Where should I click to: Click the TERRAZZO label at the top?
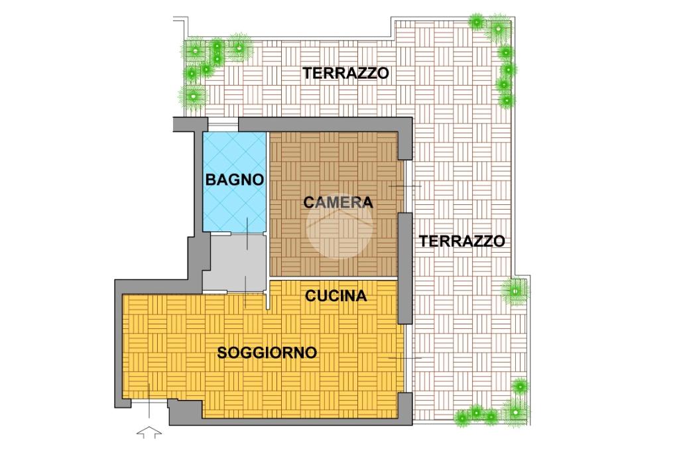[345, 73]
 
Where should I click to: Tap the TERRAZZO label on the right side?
[462, 241]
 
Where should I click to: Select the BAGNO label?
[234, 179]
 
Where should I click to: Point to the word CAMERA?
[338, 202]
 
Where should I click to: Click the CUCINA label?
[336, 296]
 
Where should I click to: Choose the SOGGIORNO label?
[267, 353]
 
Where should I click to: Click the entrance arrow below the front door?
[149, 432]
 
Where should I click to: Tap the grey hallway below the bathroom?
[234, 263]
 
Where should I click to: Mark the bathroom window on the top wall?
[223, 124]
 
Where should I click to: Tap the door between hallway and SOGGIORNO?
[245, 292]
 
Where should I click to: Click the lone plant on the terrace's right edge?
[515, 291]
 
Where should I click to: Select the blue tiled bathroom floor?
[234, 182]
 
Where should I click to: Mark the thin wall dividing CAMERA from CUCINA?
[334, 278]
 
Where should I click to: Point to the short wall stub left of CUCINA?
[268, 295]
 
